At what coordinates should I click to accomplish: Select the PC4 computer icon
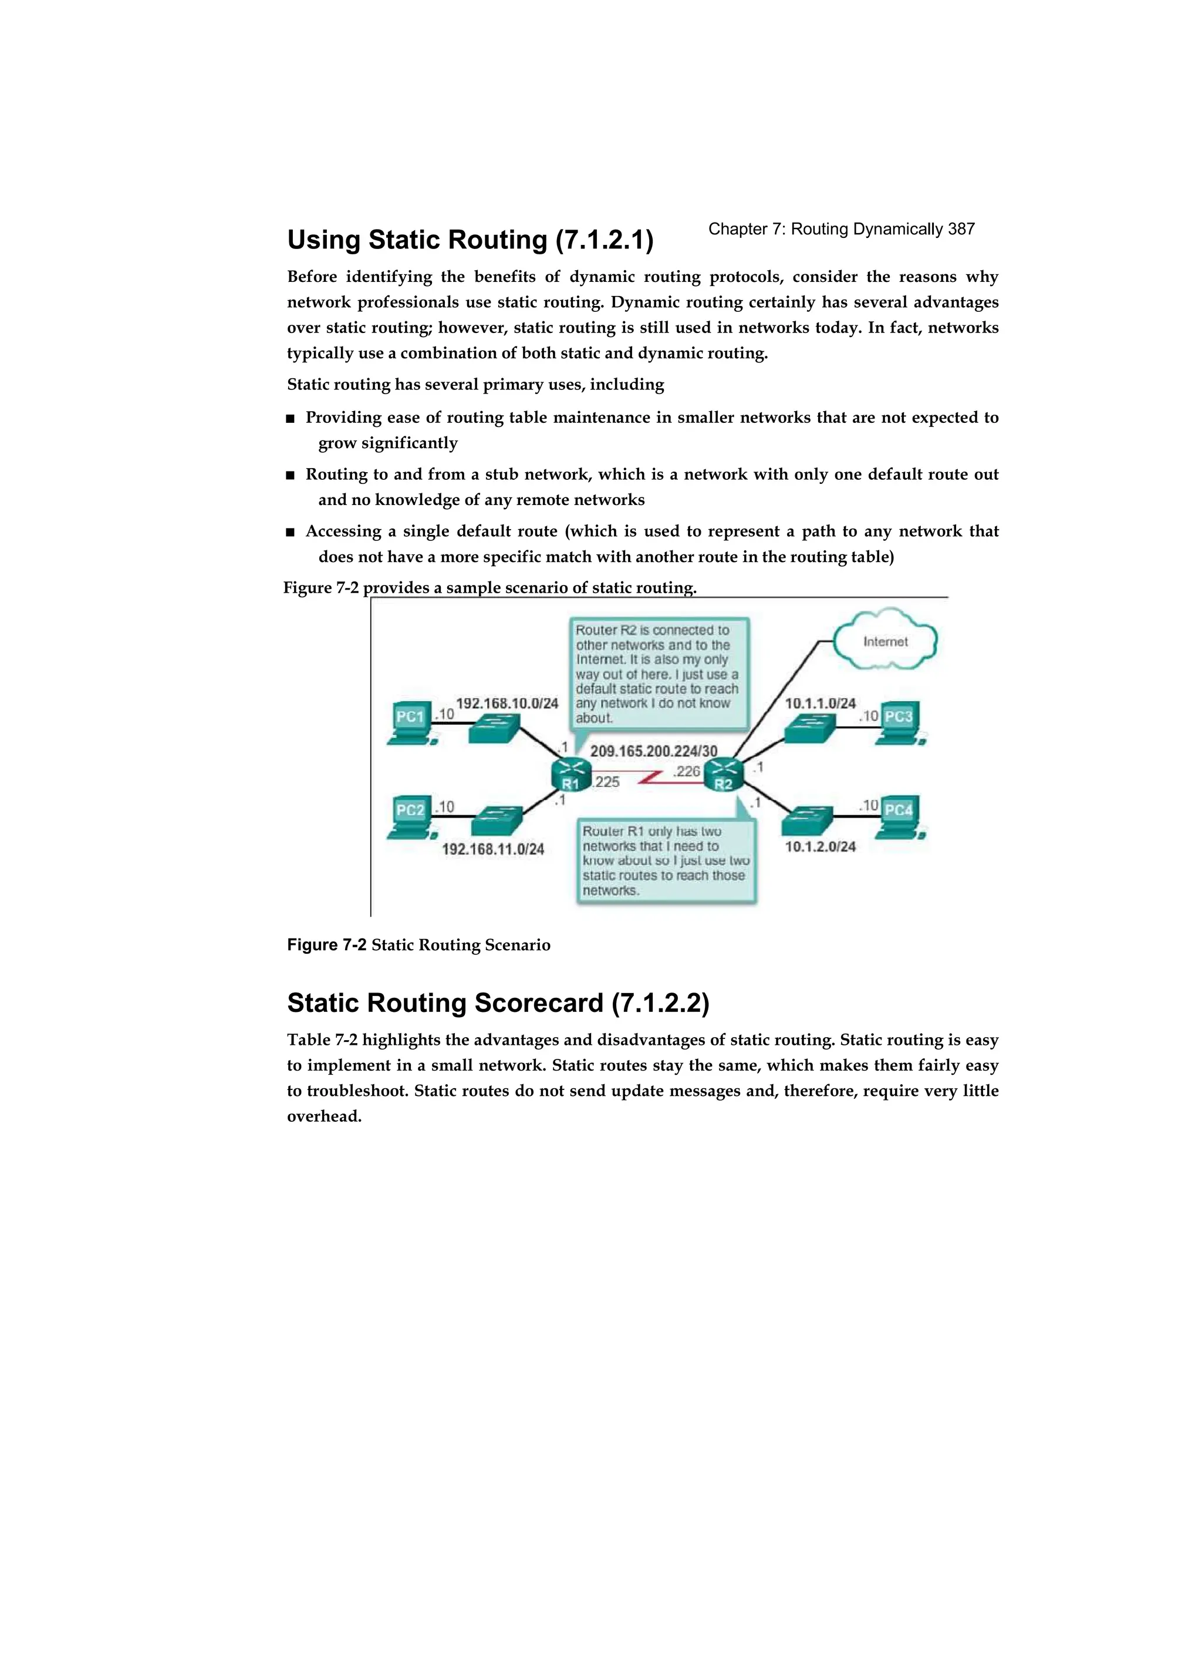(899, 815)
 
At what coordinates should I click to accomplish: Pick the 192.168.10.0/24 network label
(507, 704)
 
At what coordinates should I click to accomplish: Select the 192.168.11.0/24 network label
(493, 849)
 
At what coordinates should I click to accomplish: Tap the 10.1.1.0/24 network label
(820, 704)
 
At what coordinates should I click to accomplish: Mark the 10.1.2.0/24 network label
(820, 846)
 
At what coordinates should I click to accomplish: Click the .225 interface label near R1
(606, 782)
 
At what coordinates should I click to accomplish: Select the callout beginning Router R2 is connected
(657, 674)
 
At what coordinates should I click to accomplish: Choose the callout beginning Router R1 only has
(665, 861)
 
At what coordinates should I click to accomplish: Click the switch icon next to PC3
(809, 728)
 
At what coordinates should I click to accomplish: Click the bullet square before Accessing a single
(291, 532)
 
